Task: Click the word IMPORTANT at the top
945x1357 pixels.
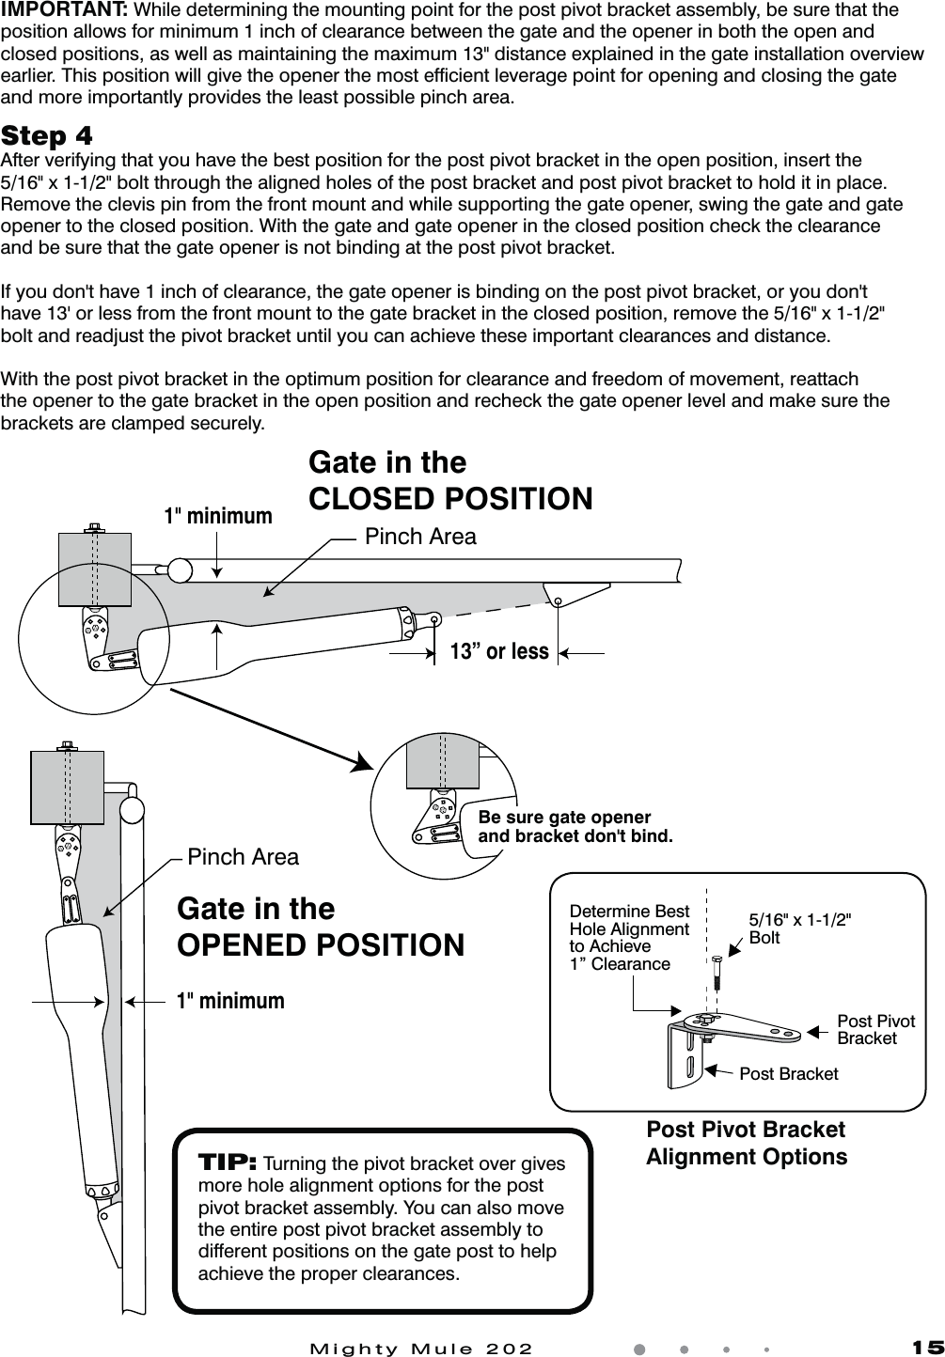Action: point(65,10)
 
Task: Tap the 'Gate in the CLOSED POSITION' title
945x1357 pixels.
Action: point(450,480)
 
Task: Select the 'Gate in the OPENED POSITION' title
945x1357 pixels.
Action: point(321,927)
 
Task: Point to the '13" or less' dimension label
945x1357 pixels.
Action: point(499,651)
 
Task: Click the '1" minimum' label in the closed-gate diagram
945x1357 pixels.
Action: point(218,516)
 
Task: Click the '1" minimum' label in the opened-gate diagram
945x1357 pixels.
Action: point(230,1001)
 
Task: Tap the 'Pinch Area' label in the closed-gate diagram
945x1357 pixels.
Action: point(420,537)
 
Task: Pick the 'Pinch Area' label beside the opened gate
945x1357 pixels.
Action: point(243,857)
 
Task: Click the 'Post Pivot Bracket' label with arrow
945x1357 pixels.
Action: point(875,1029)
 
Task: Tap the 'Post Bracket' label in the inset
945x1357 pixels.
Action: point(788,1073)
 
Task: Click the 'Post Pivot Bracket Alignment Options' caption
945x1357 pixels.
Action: point(746,1143)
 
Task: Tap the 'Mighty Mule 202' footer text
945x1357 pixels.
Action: point(421,1348)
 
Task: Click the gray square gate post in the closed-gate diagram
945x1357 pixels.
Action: point(95,569)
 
